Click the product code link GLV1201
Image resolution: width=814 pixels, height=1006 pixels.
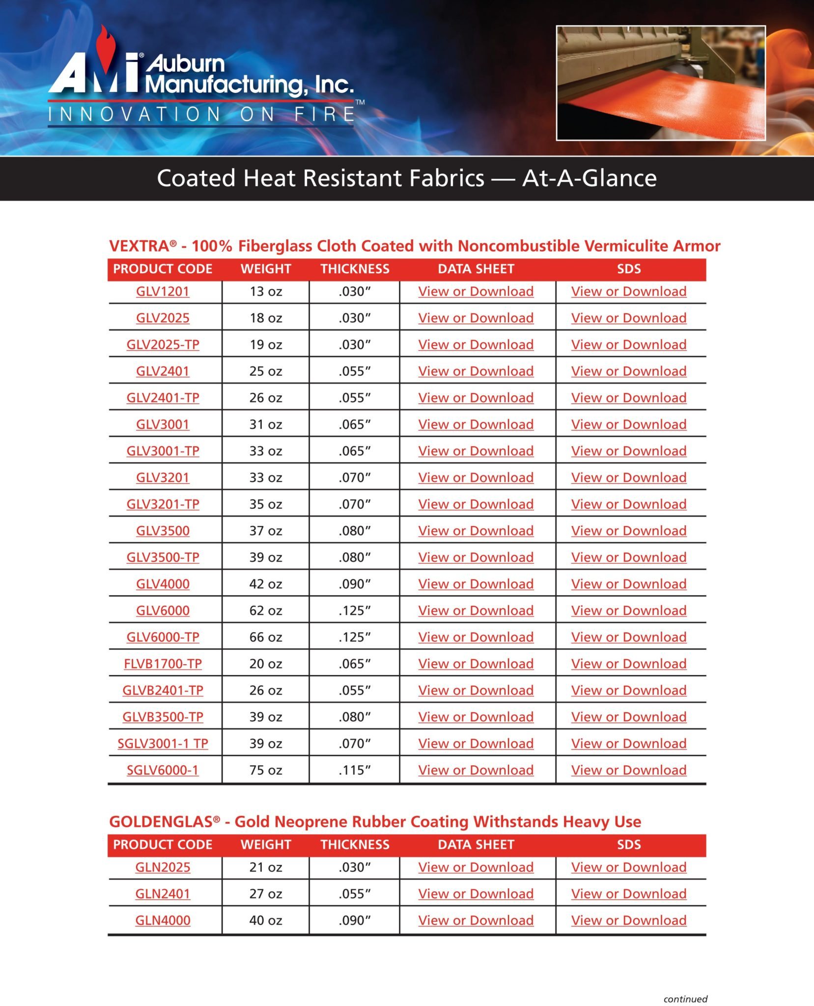click(x=163, y=291)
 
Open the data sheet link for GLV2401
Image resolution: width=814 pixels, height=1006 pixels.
click(x=476, y=371)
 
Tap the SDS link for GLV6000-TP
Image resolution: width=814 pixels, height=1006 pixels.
click(x=628, y=637)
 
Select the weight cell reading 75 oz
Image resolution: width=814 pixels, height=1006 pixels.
click(x=265, y=770)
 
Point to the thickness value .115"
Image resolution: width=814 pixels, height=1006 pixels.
click(x=354, y=770)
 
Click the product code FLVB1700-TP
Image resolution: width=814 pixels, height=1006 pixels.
click(x=163, y=664)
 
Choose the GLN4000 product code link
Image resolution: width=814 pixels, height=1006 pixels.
click(x=163, y=920)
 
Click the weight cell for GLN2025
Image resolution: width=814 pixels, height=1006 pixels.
click(x=265, y=867)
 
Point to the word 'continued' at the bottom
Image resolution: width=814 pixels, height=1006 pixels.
click(x=685, y=999)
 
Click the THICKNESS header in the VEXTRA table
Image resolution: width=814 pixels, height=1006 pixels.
click(x=355, y=269)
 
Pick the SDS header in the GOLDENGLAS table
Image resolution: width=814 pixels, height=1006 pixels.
click(x=628, y=844)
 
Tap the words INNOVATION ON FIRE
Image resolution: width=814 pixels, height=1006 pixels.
click(x=201, y=114)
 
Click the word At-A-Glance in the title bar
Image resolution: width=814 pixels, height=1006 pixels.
click(x=589, y=178)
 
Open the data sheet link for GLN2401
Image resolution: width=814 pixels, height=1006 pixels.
click(x=476, y=894)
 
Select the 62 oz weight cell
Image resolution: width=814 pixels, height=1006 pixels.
click(x=265, y=611)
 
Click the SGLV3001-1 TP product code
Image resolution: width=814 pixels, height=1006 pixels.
click(x=163, y=743)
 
